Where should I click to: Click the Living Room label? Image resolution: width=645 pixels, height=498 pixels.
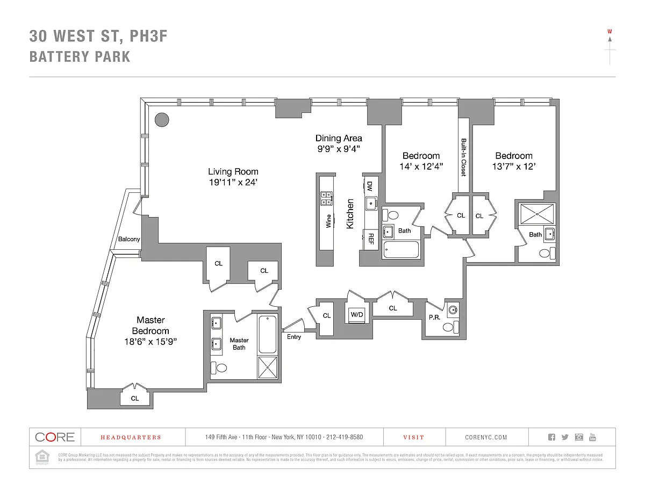click(x=233, y=172)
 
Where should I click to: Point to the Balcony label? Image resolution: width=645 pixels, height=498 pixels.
click(x=129, y=239)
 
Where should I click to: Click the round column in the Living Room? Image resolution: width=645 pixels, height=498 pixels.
click(x=162, y=119)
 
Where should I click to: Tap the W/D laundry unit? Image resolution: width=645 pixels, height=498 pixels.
click(x=357, y=314)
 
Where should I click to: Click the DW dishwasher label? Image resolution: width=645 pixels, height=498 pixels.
click(x=370, y=186)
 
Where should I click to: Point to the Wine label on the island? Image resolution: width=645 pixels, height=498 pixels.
click(x=328, y=221)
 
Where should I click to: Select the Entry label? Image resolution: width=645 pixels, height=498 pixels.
click(x=294, y=337)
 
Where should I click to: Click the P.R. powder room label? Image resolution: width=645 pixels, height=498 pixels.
click(x=434, y=317)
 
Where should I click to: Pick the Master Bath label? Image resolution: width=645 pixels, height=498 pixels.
click(x=239, y=344)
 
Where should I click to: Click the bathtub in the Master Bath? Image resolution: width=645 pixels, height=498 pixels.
click(x=268, y=335)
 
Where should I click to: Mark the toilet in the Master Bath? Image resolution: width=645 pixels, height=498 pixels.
click(x=219, y=368)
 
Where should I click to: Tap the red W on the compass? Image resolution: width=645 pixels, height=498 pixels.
click(x=610, y=31)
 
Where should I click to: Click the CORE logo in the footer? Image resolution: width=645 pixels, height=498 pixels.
click(x=55, y=437)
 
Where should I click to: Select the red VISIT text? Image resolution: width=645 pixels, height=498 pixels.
click(x=414, y=437)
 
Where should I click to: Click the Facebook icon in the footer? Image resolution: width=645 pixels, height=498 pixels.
click(x=551, y=437)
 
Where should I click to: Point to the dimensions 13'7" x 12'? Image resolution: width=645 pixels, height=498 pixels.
click(x=514, y=167)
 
